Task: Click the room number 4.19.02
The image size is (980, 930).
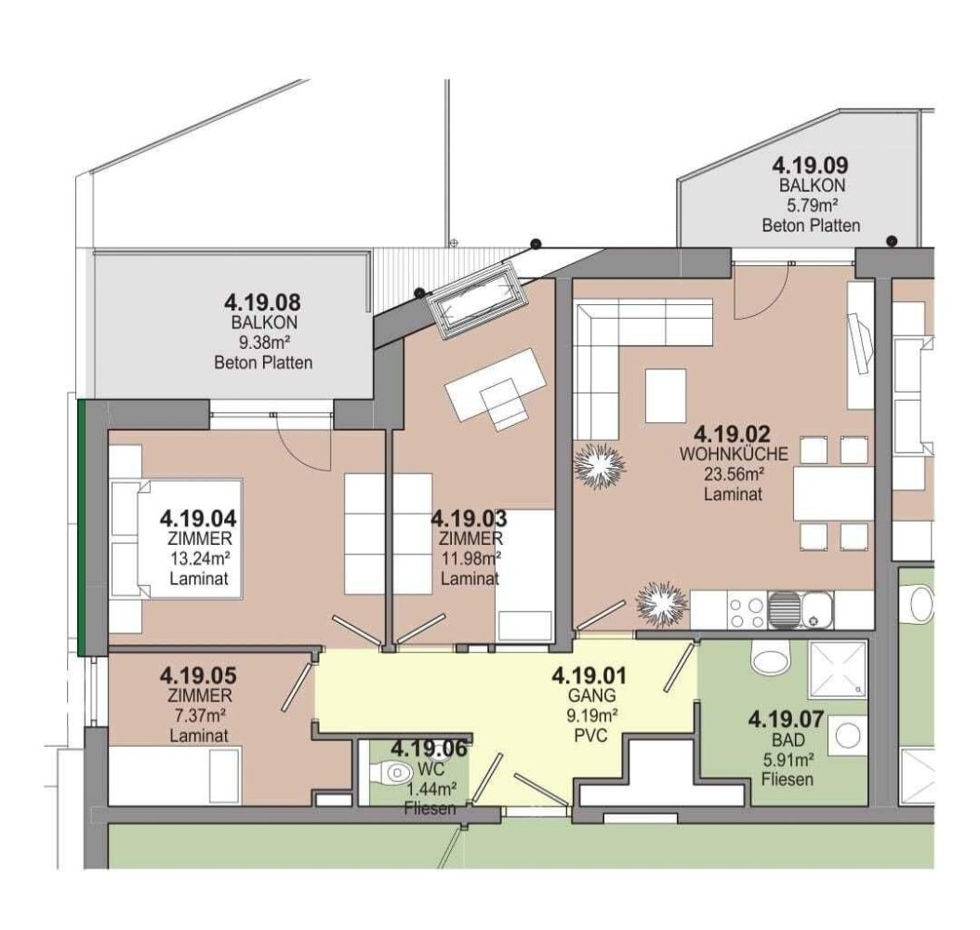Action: (733, 432)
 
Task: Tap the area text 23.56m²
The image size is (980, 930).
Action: (734, 474)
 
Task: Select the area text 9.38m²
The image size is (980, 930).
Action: (262, 343)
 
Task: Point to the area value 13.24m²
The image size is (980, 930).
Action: (199, 558)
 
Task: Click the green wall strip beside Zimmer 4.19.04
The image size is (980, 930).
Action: (82, 525)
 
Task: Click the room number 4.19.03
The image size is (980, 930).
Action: (470, 518)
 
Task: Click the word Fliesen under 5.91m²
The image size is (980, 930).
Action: (787, 779)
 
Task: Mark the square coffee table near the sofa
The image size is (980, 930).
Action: (666, 395)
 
